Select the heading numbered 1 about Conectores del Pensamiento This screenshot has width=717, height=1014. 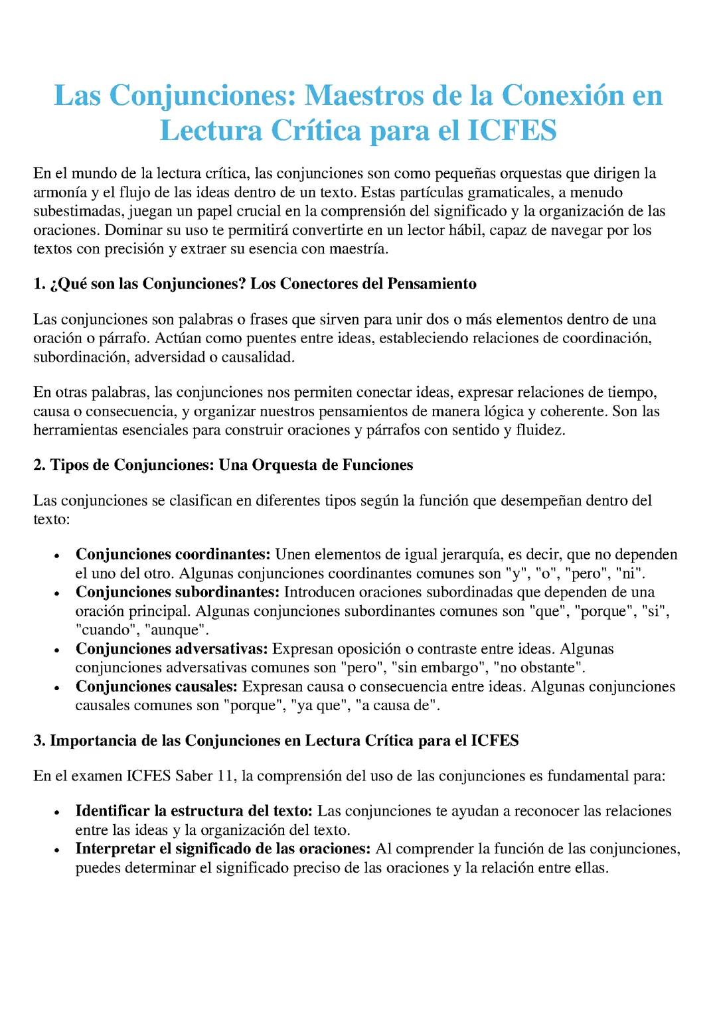[x=255, y=284]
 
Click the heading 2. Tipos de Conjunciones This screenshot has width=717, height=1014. [x=223, y=465]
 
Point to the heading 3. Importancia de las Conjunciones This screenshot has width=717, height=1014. [x=276, y=741]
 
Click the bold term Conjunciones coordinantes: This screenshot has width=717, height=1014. [x=173, y=554]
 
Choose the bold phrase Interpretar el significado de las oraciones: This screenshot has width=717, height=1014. [x=223, y=849]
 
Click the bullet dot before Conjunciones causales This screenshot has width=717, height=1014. [x=59, y=688]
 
